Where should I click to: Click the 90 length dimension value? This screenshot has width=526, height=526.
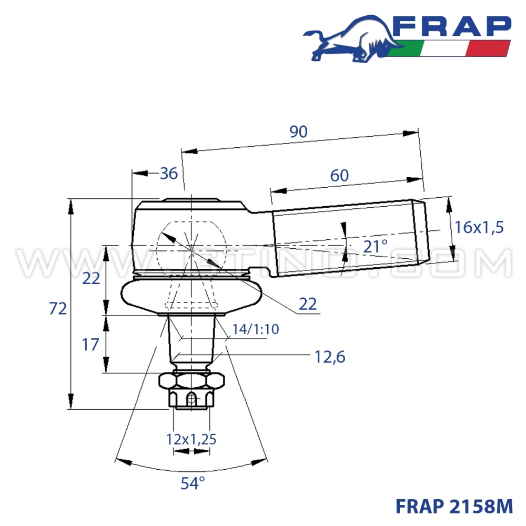(x=298, y=132)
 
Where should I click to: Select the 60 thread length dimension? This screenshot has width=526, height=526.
(x=340, y=176)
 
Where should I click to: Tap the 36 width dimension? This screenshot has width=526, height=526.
(x=169, y=173)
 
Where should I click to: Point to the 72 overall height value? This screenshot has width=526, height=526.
(x=58, y=309)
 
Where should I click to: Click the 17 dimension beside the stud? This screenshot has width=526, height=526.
(x=90, y=345)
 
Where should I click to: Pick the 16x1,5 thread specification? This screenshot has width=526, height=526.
(x=479, y=227)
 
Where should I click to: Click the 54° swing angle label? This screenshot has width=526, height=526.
(x=192, y=483)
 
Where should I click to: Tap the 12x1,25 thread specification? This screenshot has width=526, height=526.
(x=191, y=439)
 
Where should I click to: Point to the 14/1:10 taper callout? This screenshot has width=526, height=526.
(x=255, y=329)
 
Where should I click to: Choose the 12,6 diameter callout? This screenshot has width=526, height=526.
(x=329, y=357)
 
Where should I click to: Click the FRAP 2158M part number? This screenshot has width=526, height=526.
(x=453, y=506)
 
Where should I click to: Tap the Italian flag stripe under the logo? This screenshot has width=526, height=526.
(x=450, y=48)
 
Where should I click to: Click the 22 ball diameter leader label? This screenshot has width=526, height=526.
(x=308, y=304)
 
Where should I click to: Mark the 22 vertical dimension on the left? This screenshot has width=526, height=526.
(x=90, y=278)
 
